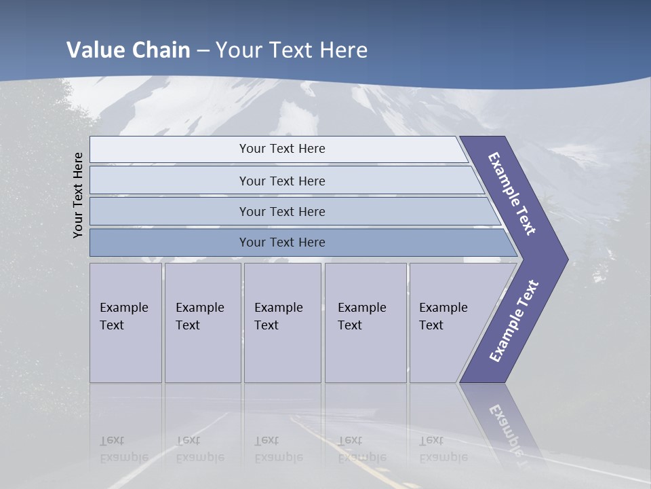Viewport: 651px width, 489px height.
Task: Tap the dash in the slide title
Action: (203, 51)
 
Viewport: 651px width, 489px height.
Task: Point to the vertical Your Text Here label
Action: (78, 195)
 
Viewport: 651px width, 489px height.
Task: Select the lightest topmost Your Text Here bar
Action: (282, 149)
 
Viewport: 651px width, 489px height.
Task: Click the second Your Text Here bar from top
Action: (282, 181)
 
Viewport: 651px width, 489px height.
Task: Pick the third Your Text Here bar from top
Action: (282, 211)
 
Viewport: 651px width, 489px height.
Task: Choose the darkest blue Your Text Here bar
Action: (282, 242)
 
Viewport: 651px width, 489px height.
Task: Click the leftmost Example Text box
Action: (125, 323)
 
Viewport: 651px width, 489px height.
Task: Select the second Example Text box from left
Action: (202, 323)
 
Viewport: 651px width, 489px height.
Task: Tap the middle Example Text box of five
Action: (282, 323)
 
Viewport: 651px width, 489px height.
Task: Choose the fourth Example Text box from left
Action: (365, 323)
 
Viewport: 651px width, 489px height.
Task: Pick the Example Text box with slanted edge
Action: (451, 323)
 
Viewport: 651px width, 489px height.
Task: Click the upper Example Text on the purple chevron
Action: (512, 194)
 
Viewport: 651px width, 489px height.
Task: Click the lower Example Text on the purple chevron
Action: (513, 321)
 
